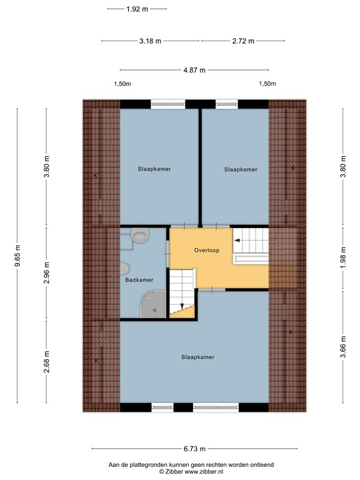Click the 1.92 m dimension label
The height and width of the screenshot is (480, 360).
tap(137, 9)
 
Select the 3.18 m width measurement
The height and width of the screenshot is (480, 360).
tap(150, 41)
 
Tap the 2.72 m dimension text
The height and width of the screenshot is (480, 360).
tap(243, 41)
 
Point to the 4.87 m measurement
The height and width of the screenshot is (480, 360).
tap(194, 70)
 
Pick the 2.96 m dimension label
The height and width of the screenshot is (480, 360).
tap(46, 274)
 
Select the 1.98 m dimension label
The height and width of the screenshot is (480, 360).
tap(342, 257)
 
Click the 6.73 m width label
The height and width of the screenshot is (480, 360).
tap(194, 449)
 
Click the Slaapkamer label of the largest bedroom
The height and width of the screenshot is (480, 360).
tap(197, 357)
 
